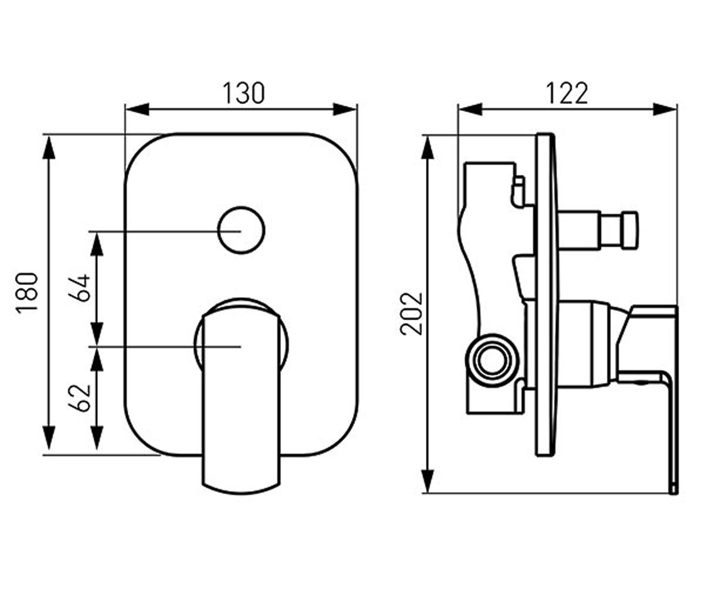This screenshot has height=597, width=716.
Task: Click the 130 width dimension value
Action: tap(243, 93)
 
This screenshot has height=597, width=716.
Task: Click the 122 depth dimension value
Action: tap(567, 93)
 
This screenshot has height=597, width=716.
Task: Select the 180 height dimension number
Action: tap(27, 293)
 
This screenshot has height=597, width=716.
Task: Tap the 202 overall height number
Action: tap(411, 313)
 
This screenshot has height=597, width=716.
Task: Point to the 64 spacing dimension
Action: tap(79, 288)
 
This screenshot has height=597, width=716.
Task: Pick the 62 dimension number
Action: tap(79, 398)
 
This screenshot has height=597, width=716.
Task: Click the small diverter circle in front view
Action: tap(241, 230)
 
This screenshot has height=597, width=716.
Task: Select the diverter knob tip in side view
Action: tap(630, 229)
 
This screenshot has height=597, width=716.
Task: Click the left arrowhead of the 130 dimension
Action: tap(137, 109)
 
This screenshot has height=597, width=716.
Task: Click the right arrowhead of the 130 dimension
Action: tap(345, 109)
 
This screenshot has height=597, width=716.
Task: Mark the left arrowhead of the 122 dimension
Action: tap(471, 109)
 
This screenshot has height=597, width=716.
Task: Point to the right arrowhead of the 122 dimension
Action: tap(665, 109)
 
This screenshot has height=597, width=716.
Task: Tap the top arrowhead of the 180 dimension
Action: tap(49, 147)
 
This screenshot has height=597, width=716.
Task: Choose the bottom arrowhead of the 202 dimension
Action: tap(427, 481)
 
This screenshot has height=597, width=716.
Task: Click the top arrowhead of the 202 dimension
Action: tap(427, 147)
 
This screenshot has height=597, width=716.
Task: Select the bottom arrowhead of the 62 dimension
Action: tap(97, 438)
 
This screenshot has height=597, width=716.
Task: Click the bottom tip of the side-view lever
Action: tap(674, 493)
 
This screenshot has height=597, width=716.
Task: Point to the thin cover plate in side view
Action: tap(545, 295)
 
